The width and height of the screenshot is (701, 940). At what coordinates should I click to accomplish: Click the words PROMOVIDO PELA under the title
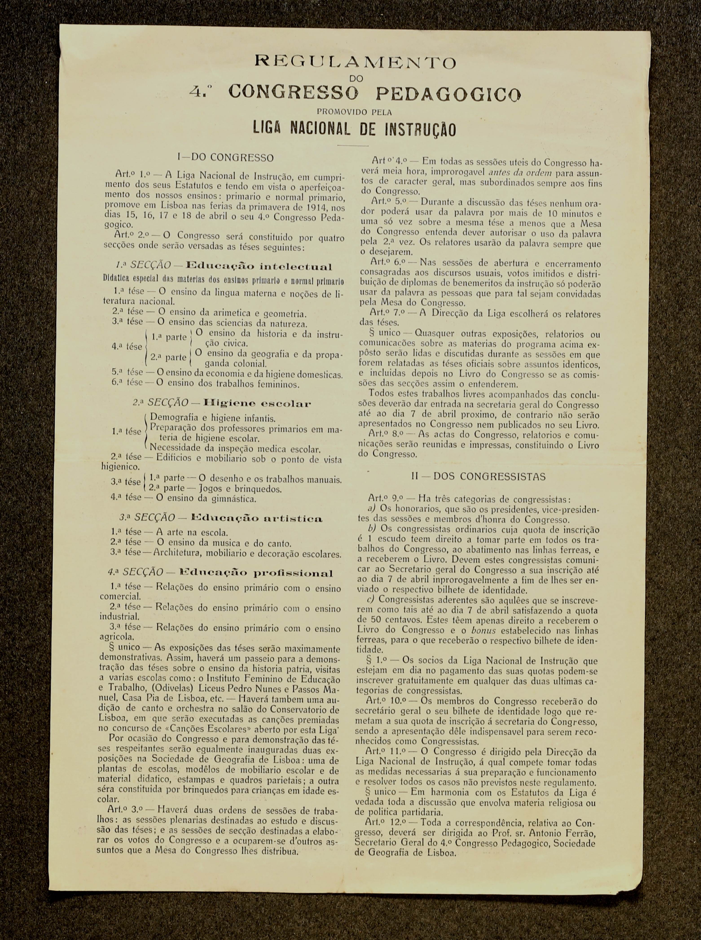click(354, 112)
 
